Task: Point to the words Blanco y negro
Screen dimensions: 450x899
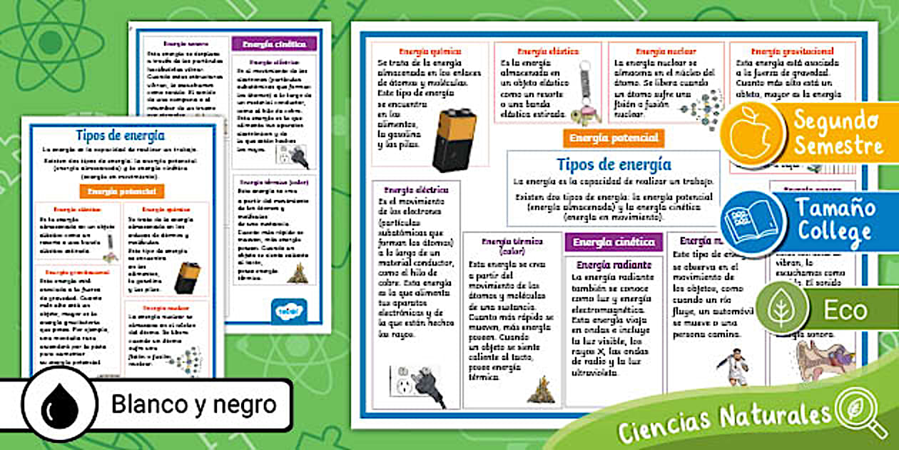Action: point(193,405)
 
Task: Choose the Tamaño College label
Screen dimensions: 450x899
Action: point(835,221)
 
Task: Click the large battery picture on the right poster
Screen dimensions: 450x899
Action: point(453,140)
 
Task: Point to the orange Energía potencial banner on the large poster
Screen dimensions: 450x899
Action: point(613,139)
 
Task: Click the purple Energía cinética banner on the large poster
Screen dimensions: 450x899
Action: point(613,242)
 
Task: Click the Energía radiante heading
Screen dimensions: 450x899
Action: point(613,265)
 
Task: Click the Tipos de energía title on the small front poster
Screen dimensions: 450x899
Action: point(120,135)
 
